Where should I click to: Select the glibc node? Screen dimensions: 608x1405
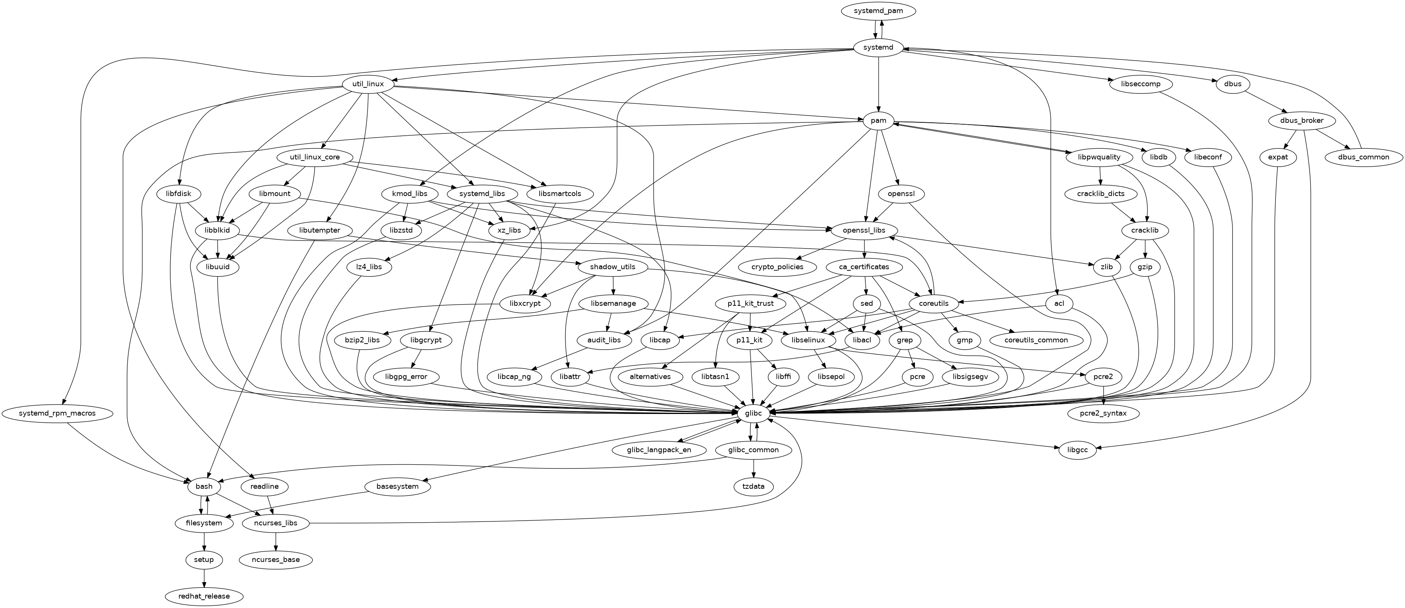coord(753,414)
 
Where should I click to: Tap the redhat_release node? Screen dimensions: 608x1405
coord(204,596)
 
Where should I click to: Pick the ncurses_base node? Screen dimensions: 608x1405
coord(276,560)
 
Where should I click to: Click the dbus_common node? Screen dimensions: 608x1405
coord(1363,157)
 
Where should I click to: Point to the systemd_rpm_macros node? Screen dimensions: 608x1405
coord(57,413)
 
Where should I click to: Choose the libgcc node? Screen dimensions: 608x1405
coord(1078,450)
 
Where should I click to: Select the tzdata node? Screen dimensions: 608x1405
coord(753,486)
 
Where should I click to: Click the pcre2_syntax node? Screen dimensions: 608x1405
coord(1103,414)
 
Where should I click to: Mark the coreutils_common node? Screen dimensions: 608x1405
coord(1036,340)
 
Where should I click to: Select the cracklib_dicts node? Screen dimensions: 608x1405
coord(1101,194)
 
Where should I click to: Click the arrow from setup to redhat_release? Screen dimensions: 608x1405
coord(204,578)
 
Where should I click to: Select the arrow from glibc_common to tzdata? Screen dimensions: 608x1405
coord(753,468)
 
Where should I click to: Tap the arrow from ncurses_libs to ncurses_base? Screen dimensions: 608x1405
coord(276,541)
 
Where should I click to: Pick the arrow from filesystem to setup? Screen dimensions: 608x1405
coord(204,541)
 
